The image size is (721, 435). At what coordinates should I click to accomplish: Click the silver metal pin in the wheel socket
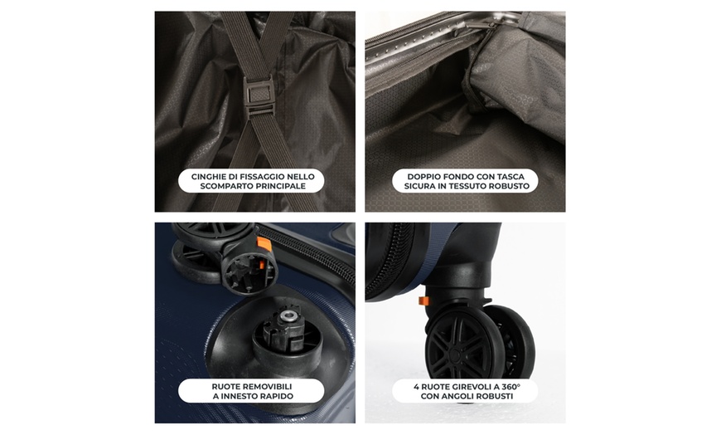tap(288, 315)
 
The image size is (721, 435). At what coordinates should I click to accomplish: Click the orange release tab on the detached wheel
tap(264, 244)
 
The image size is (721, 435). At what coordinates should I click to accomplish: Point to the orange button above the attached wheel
tap(423, 301)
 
